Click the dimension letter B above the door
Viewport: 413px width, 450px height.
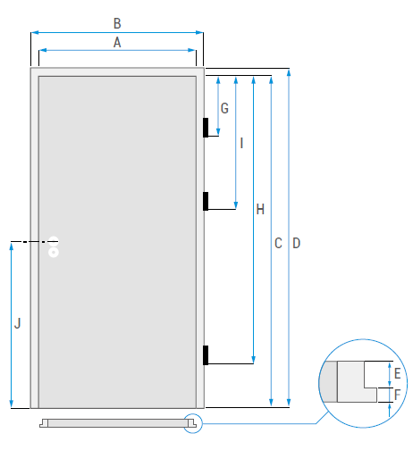117,23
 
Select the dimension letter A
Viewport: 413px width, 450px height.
117,43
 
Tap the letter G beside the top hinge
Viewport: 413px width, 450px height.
224,108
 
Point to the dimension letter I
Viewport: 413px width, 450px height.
241,143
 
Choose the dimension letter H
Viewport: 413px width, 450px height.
260,210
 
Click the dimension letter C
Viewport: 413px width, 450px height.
278,244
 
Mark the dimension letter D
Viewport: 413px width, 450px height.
297,244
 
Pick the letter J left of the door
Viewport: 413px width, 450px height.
18,323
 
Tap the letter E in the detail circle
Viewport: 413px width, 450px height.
397,373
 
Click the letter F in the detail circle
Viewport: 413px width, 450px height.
397,395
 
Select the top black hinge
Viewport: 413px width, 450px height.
206,128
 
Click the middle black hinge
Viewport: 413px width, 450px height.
206,201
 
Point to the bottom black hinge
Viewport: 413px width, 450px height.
206,355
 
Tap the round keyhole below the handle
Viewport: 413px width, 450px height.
54,253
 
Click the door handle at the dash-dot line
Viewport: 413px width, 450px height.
54,241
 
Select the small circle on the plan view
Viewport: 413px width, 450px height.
192,423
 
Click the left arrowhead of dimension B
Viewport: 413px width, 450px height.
35,32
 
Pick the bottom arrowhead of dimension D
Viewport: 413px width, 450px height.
289,403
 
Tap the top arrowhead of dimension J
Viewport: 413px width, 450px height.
12,246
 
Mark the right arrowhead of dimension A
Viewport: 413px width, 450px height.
192,50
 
